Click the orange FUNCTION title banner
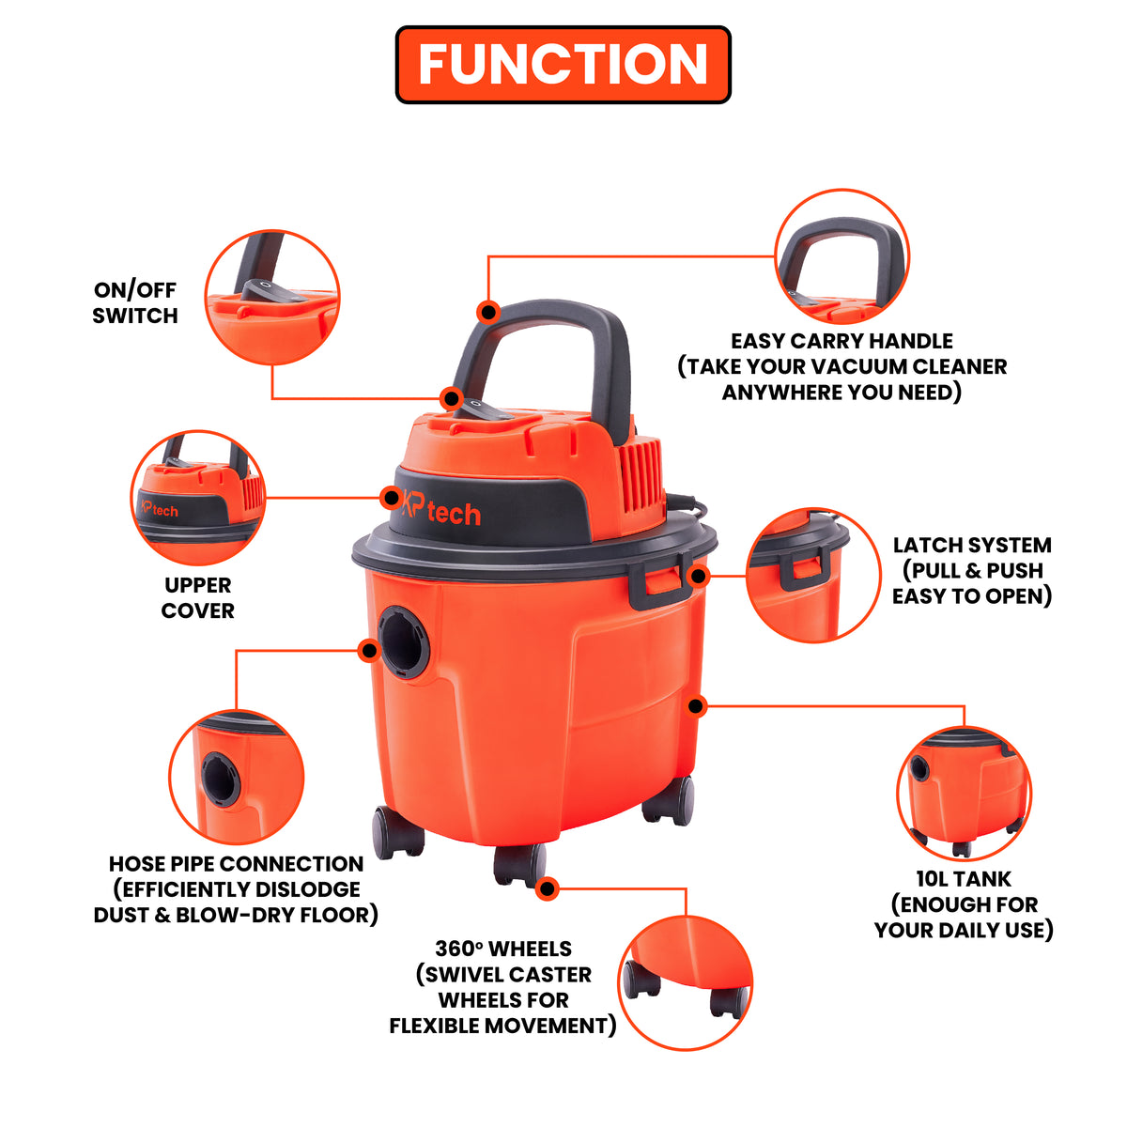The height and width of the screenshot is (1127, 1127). (x=563, y=65)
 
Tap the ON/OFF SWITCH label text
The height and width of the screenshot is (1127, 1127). (x=135, y=303)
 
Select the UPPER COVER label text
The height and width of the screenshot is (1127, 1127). (x=197, y=597)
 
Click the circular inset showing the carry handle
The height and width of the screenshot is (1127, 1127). (x=841, y=256)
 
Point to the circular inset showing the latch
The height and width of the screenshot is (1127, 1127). (x=813, y=576)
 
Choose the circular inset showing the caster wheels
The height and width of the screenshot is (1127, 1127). (x=685, y=983)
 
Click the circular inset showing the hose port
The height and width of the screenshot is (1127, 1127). (x=237, y=778)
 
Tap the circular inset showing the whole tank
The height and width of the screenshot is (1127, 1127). (x=965, y=793)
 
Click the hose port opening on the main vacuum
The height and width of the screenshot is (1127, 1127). (x=404, y=641)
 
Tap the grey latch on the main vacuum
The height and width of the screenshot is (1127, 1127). (x=659, y=579)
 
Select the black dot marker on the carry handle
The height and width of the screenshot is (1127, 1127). (x=487, y=312)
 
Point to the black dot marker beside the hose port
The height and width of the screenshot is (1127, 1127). (x=370, y=650)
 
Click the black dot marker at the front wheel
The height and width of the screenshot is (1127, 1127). (x=547, y=889)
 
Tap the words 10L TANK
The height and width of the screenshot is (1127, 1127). (x=964, y=878)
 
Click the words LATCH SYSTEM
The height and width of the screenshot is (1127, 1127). (x=972, y=545)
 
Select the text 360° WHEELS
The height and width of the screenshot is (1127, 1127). (x=503, y=948)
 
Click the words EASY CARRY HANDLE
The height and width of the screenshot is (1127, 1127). (x=841, y=341)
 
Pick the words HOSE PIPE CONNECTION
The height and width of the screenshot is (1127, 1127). (x=237, y=864)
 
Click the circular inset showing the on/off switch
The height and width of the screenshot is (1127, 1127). (x=272, y=297)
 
